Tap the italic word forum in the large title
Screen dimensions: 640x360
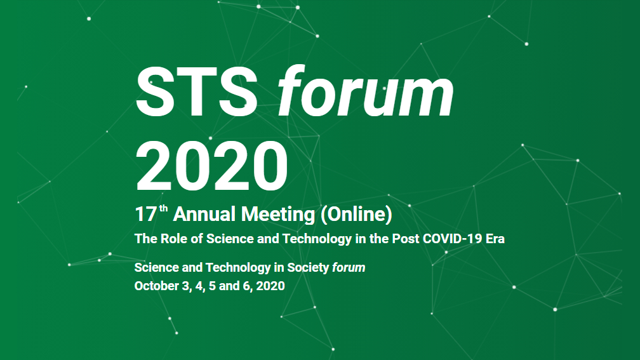366,91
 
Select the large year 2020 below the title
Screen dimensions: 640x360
211,166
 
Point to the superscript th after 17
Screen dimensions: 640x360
163,209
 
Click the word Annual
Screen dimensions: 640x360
204,215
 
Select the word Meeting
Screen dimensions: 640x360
277,215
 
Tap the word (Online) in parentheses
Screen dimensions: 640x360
356,215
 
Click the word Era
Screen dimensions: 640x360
495,238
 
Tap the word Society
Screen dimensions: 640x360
308,267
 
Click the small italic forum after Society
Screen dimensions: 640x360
349,267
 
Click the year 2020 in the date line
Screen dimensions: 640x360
270,286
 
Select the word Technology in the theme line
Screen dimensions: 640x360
317,239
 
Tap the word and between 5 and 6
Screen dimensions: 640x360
229,286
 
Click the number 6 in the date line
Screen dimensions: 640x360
247,286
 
